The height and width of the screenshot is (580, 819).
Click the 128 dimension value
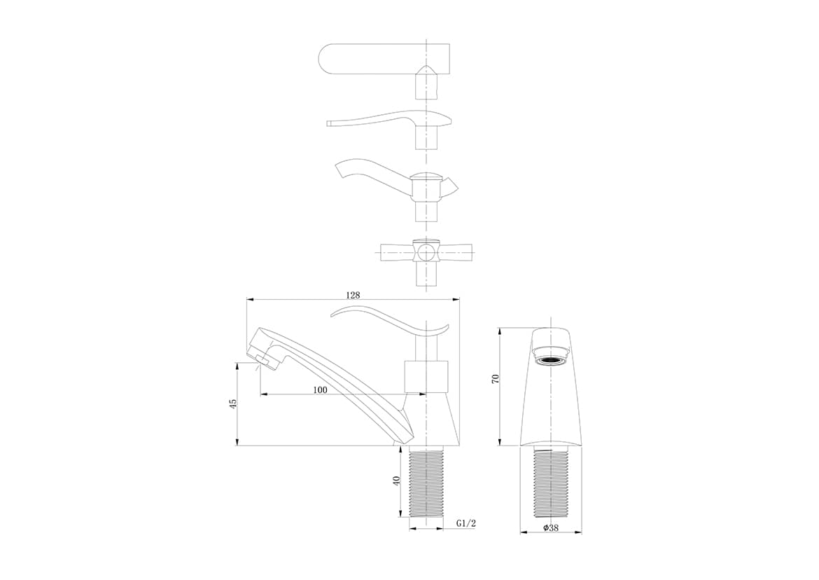pyautogui.click(x=353, y=295)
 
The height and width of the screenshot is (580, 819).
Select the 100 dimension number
pyautogui.click(x=320, y=389)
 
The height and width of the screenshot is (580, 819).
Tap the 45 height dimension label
pyautogui.click(x=233, y=403)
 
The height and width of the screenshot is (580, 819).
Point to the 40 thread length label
pyautogui.click(x=396, y=481)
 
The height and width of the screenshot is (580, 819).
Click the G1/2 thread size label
pyautogui.click(x=466, y=523)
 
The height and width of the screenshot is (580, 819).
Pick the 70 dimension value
pyautogui.click(x=496, y=379)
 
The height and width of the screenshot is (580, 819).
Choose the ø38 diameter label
pyautogui.click(x=551, y=527)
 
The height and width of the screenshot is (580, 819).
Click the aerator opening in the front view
pyautogui.click(x=551, y=361)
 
